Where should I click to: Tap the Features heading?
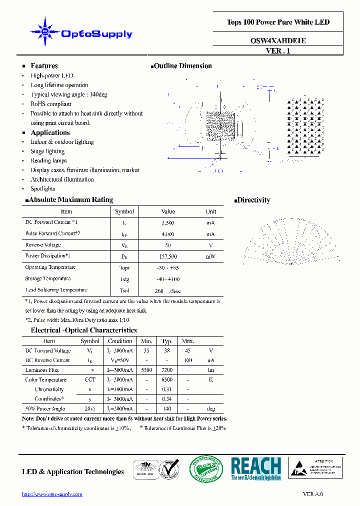[44, 66]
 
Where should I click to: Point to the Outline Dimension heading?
[182, 66]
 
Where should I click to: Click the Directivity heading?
[253, 200]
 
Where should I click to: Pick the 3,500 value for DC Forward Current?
[168, 222]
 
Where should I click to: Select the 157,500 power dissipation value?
[168, 256]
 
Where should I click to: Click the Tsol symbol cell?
[124, 290]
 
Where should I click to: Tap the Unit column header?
[211, 211]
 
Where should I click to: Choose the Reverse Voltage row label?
[43, 245]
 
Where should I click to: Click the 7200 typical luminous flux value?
[167, 370]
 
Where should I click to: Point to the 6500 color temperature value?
[167, 380]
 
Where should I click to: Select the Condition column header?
[120, 341]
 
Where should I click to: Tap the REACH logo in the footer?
[256, 469]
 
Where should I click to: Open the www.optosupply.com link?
[52, 494]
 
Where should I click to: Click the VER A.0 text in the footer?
[313, 494]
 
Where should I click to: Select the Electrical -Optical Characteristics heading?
[83, 330]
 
